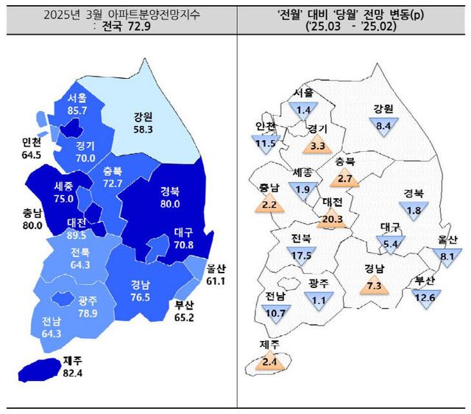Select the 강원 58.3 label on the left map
tap(144, 122)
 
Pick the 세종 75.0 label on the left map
tap(63, 192)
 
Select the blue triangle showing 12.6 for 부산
tap(425, 296)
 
